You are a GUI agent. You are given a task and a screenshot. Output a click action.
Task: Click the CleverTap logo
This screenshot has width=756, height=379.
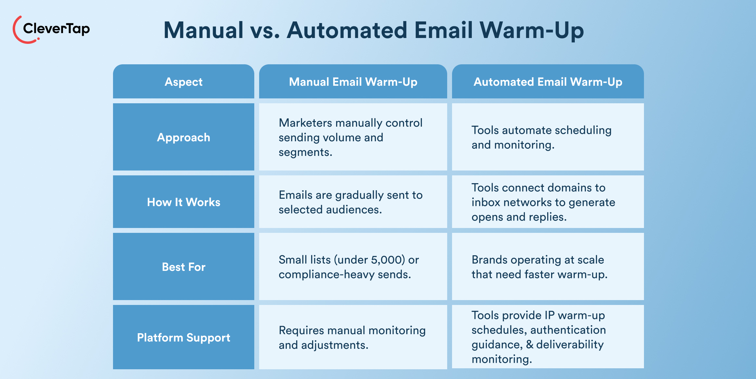click(51, 29)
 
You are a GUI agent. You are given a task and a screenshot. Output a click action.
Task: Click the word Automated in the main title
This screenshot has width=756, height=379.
click(347, 31)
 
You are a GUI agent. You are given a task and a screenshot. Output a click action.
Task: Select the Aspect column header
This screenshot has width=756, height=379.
click(183, 82)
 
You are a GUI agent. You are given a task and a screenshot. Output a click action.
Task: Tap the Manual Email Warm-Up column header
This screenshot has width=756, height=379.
click(353, 82)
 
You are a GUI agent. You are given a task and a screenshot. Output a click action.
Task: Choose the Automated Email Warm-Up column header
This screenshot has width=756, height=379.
click(548, 82)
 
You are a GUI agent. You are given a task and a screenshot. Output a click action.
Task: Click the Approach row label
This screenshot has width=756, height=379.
click(183, 137)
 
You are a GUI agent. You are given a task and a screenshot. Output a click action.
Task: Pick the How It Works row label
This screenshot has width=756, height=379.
click(183, 202)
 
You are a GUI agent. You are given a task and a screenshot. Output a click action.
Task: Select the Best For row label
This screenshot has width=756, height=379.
click(183, 267)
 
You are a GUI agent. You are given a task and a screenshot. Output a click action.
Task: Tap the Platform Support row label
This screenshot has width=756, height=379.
click(183, 337)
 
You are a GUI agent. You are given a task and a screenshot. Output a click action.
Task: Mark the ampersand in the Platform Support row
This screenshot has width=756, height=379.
click(530, 345)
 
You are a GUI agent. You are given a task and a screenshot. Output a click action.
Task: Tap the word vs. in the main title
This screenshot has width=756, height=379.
click(265, 31)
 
